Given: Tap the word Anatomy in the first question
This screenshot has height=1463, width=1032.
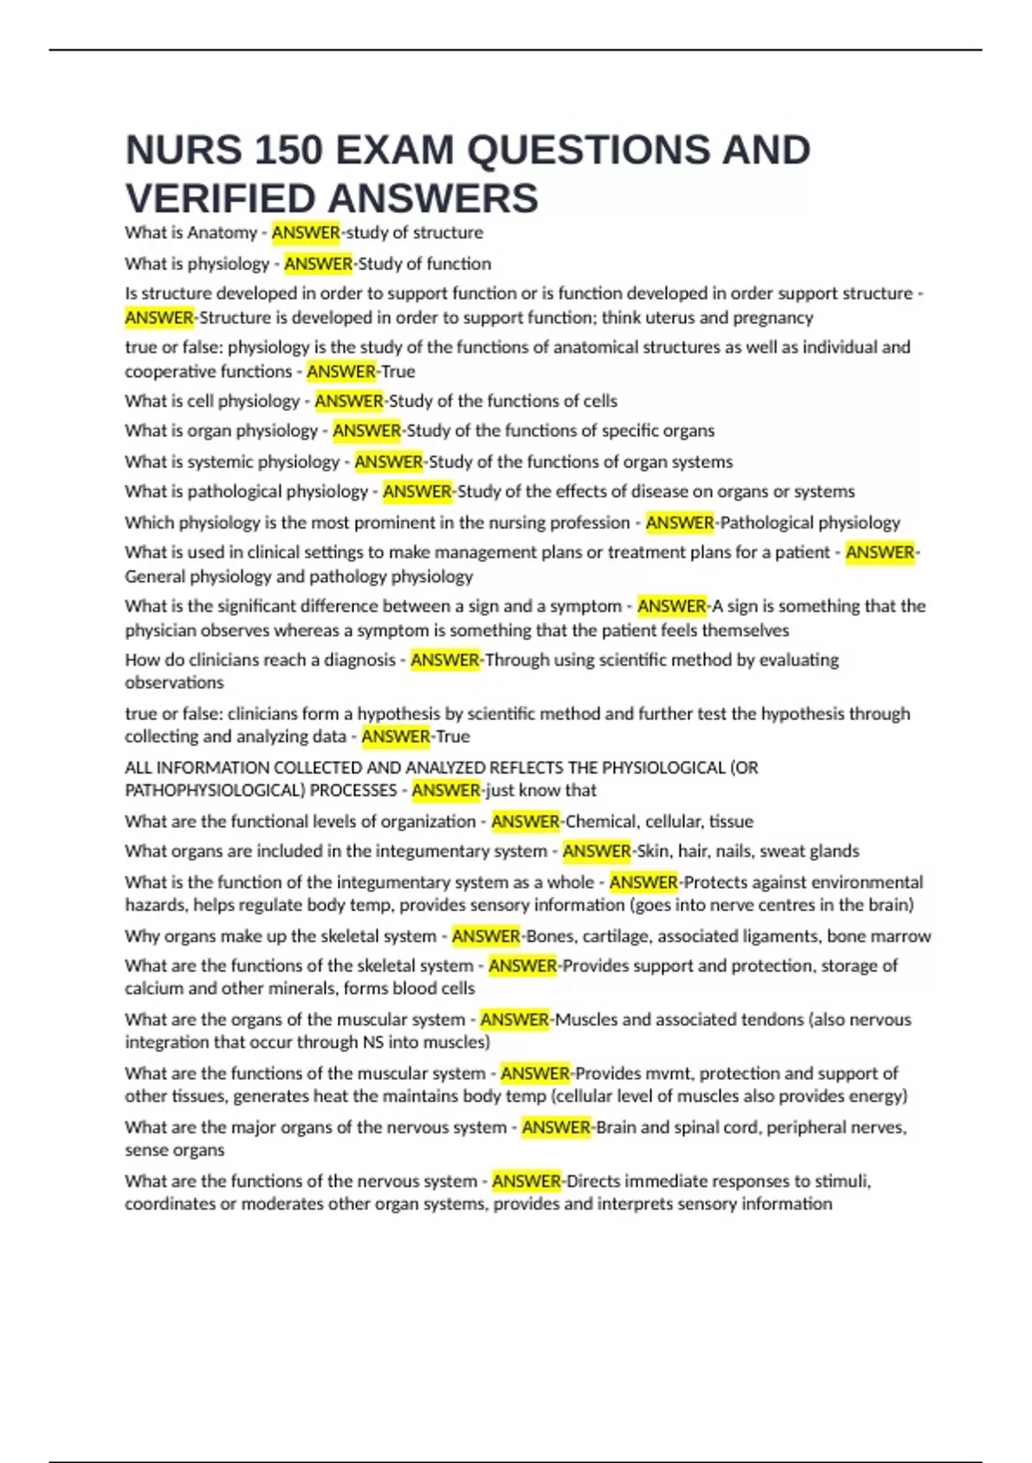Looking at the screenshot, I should (x=222, y=232).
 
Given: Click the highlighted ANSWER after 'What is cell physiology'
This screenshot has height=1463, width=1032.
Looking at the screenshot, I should (x=348, y=401).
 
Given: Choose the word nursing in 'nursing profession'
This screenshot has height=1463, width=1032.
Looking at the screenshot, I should (x=516, y=522).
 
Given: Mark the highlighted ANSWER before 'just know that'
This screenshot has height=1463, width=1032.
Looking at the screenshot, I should (x=445, y=790).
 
